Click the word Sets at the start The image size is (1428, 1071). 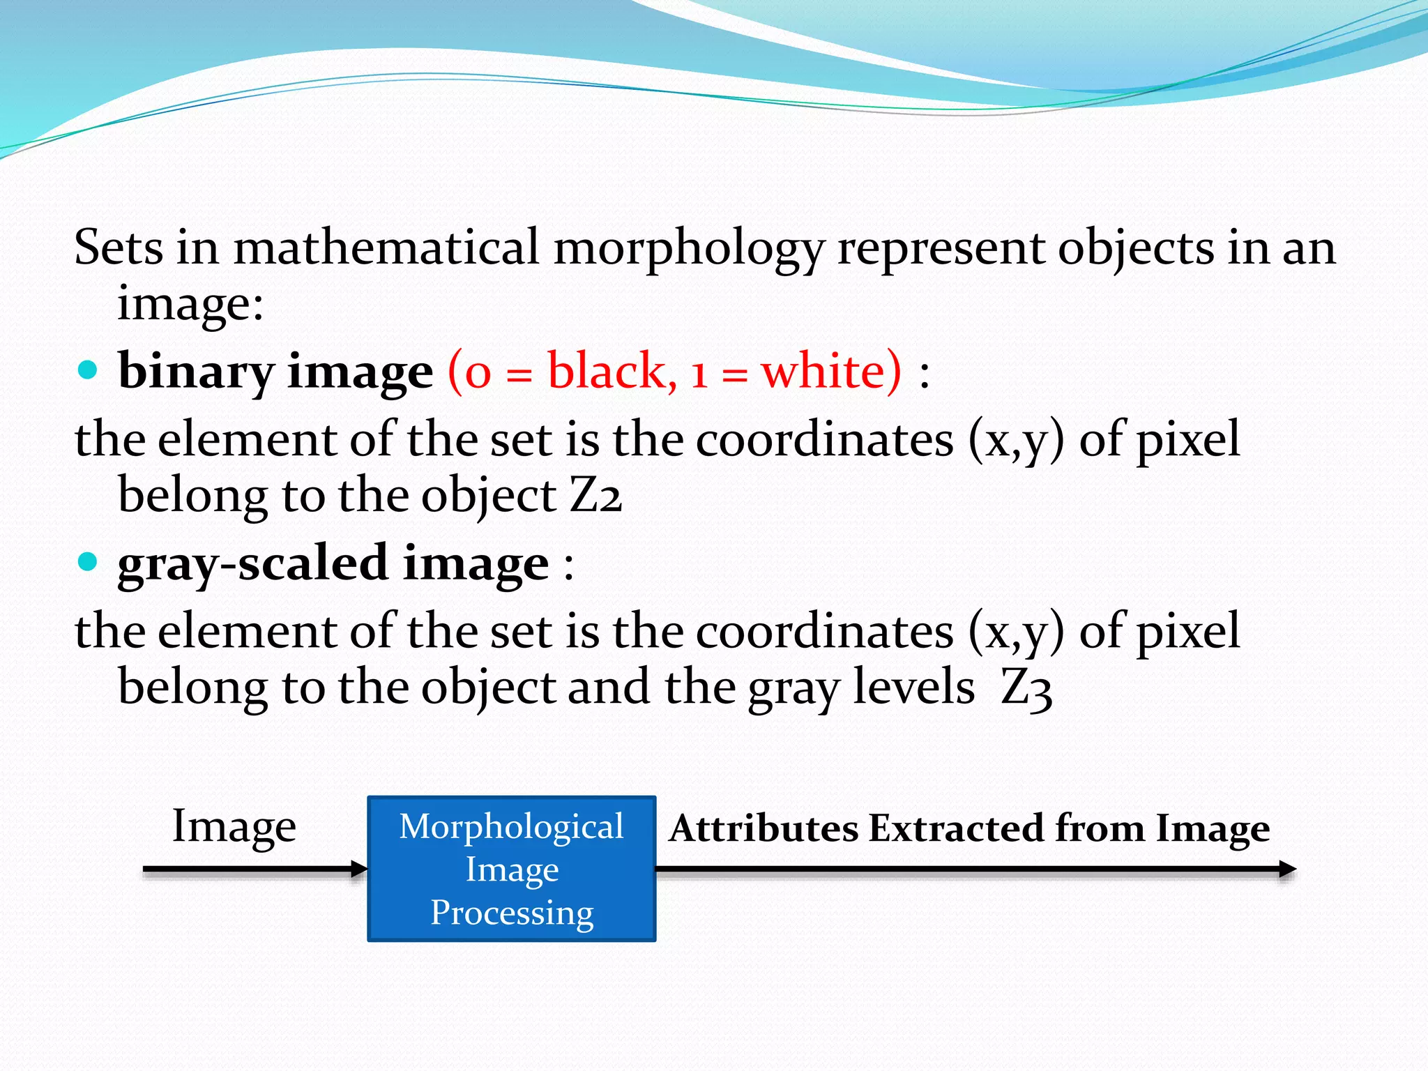coord(118,248)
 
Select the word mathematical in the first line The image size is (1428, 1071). coord(386,248)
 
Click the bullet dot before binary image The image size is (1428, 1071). coord(87,370)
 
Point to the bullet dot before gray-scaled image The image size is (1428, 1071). coord(87,561)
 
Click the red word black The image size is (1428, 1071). coord(612,370)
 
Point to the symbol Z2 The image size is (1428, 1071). coord(595,495)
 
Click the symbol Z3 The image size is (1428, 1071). coord(1026,688)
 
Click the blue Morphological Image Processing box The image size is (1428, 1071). coord(512,869)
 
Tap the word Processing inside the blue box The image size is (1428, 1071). coord(512,913)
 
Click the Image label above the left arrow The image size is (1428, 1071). coord(234,827)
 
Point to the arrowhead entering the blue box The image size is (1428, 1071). coord(360,869)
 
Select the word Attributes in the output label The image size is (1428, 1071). coord(764,829)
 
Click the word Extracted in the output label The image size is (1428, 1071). coord(955,829)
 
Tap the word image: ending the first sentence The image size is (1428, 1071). coord(190,304)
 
